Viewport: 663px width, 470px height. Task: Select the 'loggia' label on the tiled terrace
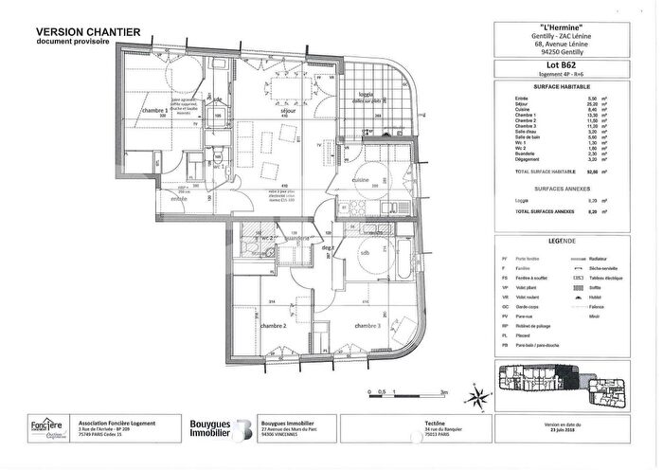tap(366, 95)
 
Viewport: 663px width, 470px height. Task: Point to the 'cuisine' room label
tap(361, 179)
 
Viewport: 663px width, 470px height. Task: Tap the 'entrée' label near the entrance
tap(179, 198)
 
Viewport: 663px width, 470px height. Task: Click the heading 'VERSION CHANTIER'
tap(88, 31)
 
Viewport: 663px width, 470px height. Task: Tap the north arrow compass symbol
tap(481, 390)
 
